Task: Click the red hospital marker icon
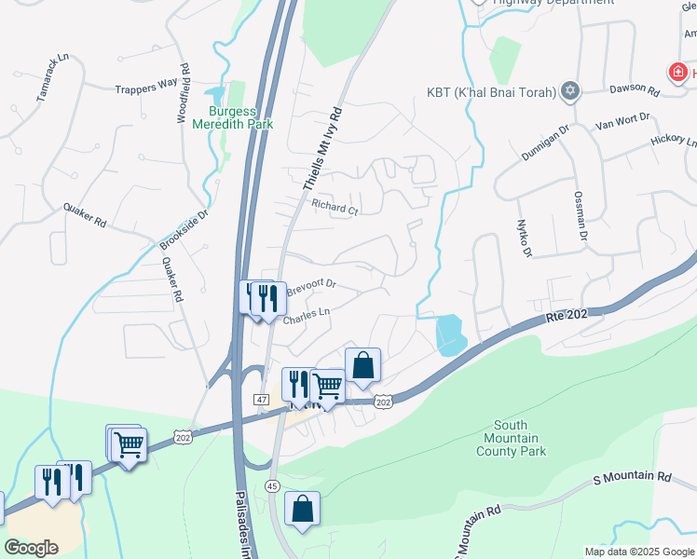[x=678, y=71]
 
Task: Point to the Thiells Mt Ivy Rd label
[x=322, y=148]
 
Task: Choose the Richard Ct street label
[x=335, y=208]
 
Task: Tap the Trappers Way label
[x=145, y=85]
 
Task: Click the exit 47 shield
[x=262, y=398]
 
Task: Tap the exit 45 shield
[x=272, y=485]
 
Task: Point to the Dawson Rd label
[x=635, y=91]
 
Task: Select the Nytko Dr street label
[x=523, y=239]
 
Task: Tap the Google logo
[x=32, y=548]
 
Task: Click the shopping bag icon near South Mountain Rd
[x=302, y=509]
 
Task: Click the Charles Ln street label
[x=307, y=317]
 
